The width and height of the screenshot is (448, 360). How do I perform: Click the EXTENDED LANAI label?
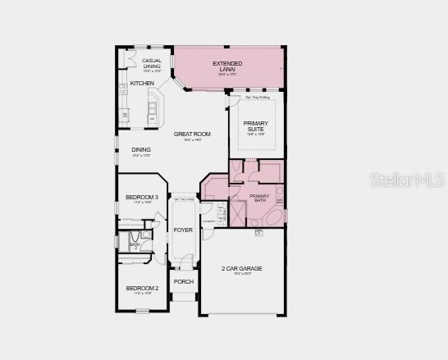(228, 64)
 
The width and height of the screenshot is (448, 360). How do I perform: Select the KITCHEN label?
(142, 84)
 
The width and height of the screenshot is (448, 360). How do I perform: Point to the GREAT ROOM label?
(192, 134)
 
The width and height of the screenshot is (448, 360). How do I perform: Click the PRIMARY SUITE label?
(256, 126)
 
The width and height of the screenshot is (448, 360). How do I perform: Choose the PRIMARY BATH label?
(259, 197)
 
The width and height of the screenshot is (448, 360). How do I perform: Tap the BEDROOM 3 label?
(142, 197)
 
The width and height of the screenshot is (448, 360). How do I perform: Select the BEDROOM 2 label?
(142, 289)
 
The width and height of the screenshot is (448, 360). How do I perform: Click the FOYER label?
(183, 230)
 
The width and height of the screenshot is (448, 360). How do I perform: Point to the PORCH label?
(183, 282)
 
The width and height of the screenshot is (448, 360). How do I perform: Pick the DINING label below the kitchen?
(141, 150)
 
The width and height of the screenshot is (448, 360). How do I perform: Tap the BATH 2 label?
(135, 244)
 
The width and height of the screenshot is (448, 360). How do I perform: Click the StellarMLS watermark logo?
(409, 178)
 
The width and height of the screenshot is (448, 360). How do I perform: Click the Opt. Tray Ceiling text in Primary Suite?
(256, 98)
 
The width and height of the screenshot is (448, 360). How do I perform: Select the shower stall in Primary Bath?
(237, 215)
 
